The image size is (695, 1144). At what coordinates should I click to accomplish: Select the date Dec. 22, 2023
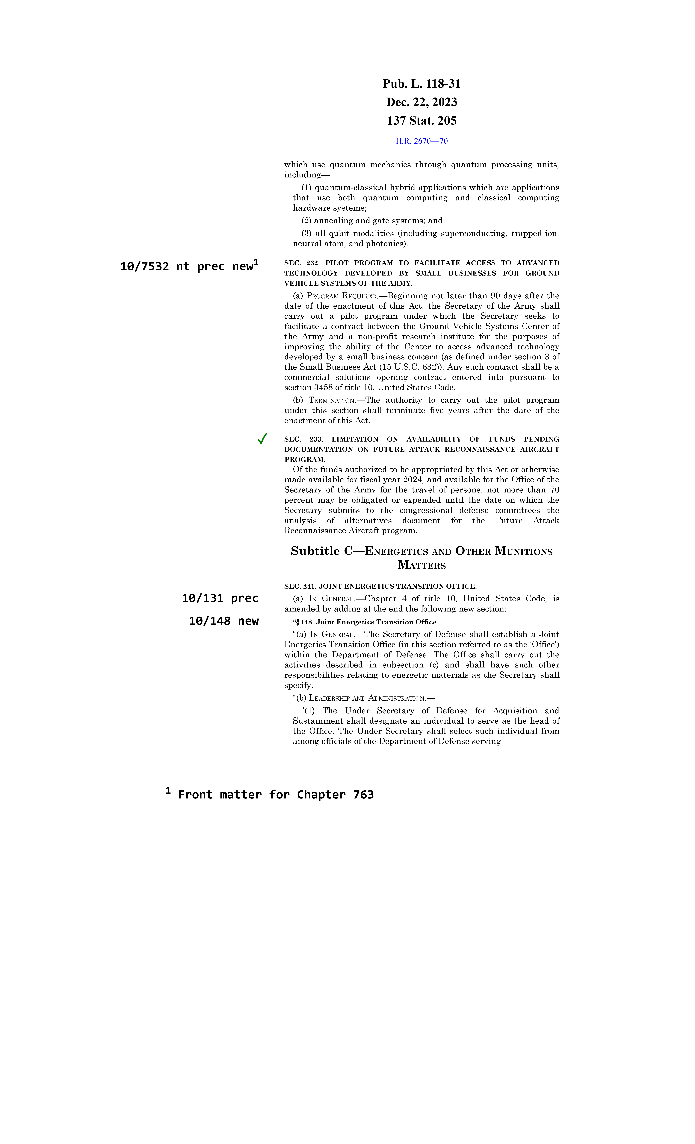(421, 102)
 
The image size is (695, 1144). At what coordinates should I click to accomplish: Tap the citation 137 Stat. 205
(421, 121)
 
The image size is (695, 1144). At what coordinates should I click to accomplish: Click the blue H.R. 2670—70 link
(421, 141)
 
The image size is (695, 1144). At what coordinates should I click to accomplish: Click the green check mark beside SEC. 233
(262, 439)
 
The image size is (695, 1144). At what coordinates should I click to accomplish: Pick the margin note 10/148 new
(223, 621)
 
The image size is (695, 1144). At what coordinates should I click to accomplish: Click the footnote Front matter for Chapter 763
(276, 795)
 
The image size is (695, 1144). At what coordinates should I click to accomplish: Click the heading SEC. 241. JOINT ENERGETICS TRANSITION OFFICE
(380, 586)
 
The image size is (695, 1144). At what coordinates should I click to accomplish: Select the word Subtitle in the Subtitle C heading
(315, 551)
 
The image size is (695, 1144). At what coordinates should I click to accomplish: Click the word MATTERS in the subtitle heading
(421, 565)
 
